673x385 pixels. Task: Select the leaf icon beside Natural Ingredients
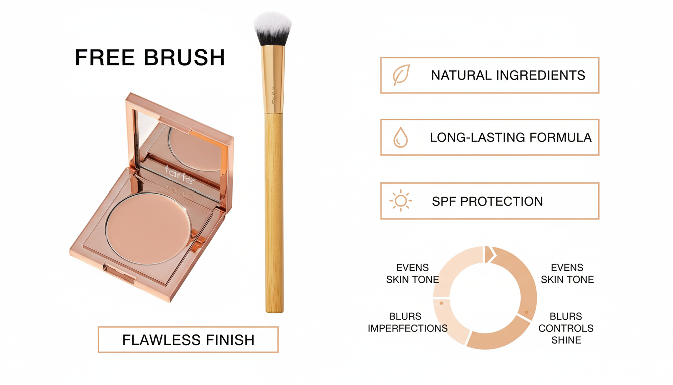click(401, 75)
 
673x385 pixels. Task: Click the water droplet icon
click(400, 137)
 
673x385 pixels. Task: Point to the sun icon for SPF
click(400, 201)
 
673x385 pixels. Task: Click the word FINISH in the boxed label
click(223, 340)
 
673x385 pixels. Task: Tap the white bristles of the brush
click(272, 27)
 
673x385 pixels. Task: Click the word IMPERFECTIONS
click(408, 329)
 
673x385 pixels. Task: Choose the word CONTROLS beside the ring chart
click(566, 329)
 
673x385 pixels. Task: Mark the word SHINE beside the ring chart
click(566, 341)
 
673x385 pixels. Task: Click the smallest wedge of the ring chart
click(488, 254)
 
